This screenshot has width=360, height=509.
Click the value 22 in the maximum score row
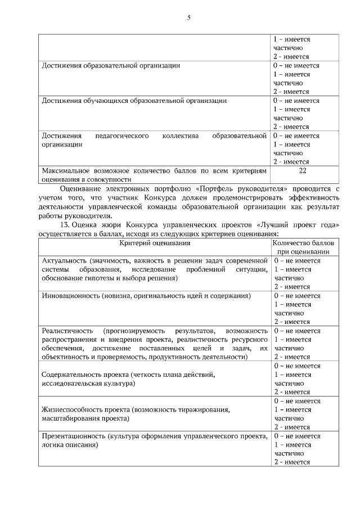pos(303,171)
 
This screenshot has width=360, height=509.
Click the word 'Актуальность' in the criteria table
pos(64,261)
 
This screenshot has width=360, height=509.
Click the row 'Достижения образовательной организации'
pos(111,66)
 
